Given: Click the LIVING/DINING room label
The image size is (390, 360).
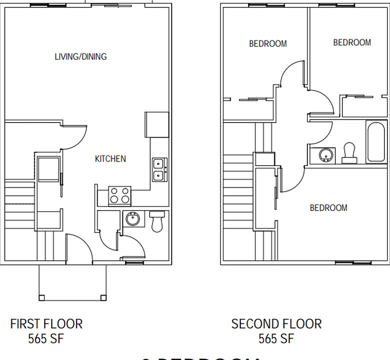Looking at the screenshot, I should pos(81,56).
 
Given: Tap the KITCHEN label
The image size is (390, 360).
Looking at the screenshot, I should pos(111,158).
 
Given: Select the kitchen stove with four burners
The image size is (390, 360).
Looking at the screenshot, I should pos(120,195).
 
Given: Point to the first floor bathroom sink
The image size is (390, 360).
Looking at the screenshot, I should pos(133,219).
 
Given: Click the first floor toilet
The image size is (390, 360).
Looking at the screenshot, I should pos(157,221).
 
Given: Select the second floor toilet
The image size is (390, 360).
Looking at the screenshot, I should pos(348,153).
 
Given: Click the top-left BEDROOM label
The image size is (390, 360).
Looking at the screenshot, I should pos(268,43).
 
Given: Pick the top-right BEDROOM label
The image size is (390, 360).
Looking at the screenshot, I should pos(352,42).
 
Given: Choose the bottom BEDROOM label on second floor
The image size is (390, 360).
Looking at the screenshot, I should pos(328,207).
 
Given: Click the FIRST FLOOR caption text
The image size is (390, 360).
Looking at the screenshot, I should pos(46,324).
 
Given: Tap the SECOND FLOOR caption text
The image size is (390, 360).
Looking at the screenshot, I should pos(276,324).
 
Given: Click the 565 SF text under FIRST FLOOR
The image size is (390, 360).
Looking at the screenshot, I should pos(46,339).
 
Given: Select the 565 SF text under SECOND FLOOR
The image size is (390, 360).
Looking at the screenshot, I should pos(276,339).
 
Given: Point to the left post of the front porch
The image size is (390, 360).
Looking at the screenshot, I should pos(42,298).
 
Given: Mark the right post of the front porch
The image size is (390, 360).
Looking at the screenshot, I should pos(104,298).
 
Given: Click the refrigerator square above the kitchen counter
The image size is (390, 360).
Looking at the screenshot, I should pos(157,124).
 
